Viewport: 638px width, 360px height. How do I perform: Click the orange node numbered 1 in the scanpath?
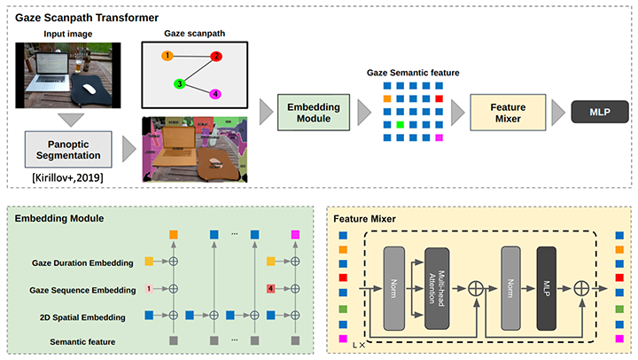(x=166, y=56)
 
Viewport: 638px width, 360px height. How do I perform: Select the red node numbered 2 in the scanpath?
(x=215, y=57)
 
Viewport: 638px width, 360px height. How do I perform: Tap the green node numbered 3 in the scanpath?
(x=178, y=84)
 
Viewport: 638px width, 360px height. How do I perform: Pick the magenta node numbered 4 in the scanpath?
(x=216, y=94)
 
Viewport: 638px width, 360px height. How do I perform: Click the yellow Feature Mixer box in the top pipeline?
(x=502, y=113)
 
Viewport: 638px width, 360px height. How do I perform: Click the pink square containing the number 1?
(x=150, y=289)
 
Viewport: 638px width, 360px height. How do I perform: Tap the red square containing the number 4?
(x=270, y=289)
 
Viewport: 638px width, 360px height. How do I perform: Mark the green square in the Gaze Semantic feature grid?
(x=401, y=125)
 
